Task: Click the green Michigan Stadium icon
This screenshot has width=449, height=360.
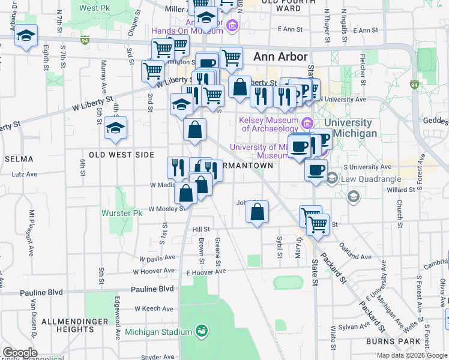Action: pos(202,331)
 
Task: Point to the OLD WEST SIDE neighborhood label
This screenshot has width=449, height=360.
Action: pos(121,155)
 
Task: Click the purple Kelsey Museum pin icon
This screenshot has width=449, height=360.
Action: pos(307,124)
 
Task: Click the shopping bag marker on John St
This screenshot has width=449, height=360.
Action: pos(257,212)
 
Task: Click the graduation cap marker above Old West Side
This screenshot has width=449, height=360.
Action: pos(115,128)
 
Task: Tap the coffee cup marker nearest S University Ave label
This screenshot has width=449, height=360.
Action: pos(315,170)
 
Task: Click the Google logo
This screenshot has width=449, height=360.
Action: pos(20,353)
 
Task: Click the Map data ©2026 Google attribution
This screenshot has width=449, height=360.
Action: pos(412,355)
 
